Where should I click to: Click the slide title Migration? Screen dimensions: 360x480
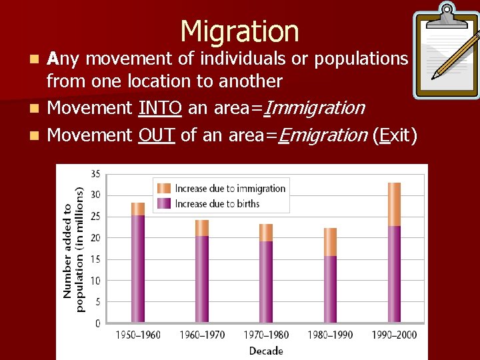pos(239,31)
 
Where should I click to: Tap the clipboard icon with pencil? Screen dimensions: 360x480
pos(445,52)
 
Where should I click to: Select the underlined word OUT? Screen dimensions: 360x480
pos(157,135)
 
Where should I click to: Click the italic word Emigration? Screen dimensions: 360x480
pos(322,135)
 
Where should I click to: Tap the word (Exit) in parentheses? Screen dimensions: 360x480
pos(395,135)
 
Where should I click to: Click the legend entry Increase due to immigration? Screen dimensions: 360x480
pos(229,189)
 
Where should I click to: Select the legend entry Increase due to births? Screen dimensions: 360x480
pos(217,203)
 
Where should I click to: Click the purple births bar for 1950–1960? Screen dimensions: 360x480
pos(138,269)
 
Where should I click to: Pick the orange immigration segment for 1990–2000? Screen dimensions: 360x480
pos(395,204)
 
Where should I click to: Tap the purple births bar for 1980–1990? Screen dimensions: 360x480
pos(330,289)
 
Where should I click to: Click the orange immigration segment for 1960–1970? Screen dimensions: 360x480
pos(202,228)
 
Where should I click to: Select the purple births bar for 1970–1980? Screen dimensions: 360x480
pos(266,281)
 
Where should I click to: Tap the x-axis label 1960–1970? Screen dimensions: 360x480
pos(202,335)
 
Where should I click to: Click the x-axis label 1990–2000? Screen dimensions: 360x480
pos(395,335)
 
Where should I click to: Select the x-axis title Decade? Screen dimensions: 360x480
pos(266,351)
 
